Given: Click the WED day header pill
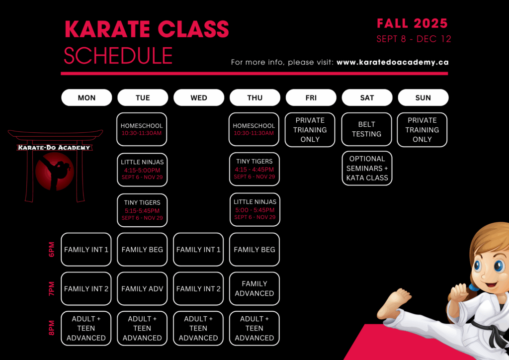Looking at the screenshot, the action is coord(199,97).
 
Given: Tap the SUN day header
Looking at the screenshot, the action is coord(423,97).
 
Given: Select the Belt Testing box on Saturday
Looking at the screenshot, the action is coord(366,129).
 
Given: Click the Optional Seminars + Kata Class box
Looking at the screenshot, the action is coord(367,168).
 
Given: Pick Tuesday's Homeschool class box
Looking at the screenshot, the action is coord(142,129).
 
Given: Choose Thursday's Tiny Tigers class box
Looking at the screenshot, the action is coord(254,169).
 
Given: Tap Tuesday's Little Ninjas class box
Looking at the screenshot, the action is coord(142,170).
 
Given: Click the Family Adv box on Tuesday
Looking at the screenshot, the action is coord(142,288).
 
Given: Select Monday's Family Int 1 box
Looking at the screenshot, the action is coord(86,249).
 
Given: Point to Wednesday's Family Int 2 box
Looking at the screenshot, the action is coord(198,288).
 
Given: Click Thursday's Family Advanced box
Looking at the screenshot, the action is coord(254,288).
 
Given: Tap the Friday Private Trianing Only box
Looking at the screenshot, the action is coord(310,129).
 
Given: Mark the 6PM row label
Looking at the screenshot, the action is coord(52,249).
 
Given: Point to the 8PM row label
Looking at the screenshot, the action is coord(52,328).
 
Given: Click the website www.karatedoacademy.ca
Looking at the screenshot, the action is coord(393,62).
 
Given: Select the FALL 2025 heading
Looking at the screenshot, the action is coord(412,23).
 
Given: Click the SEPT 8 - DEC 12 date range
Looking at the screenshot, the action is coord(414,39).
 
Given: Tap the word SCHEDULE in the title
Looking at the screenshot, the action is coord(118,56).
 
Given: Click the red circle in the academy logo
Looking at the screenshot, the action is coord(55,172).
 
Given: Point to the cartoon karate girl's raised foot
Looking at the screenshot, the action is coord(395,303).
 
